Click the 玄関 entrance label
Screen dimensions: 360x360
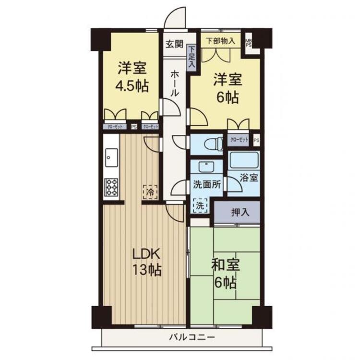coord(175,44)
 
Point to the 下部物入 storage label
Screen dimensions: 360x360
coord(220,41)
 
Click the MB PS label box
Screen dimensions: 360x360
coord(249,43)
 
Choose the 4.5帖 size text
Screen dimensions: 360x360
coord(131,87)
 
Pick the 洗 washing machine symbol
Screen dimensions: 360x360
coord(201,205)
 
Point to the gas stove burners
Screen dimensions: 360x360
coord(111,187)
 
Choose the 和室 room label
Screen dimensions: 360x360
coord(225,265)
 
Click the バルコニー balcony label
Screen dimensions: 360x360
coord(191,337)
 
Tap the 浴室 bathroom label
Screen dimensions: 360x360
coord(250,178)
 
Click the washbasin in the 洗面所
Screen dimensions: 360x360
coord(206,167)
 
